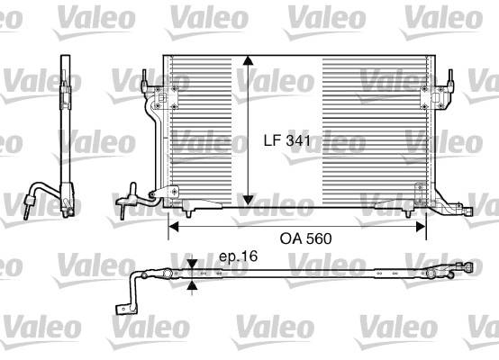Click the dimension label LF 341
click(x=286, y=140)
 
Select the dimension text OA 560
click(x=305, y=238)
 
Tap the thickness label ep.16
click(x=239, y=256)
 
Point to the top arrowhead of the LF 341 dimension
click(x=248, y=60)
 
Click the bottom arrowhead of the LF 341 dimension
click(x=248, y=201)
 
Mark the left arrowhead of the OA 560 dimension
click(x=173, y=227)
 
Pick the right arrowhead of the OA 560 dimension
click(x=421, y=227)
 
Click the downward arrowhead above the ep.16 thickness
click(x=192, y=264)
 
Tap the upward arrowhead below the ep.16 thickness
click(x=192, y=285)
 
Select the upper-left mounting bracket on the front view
click(x=166, y=97)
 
